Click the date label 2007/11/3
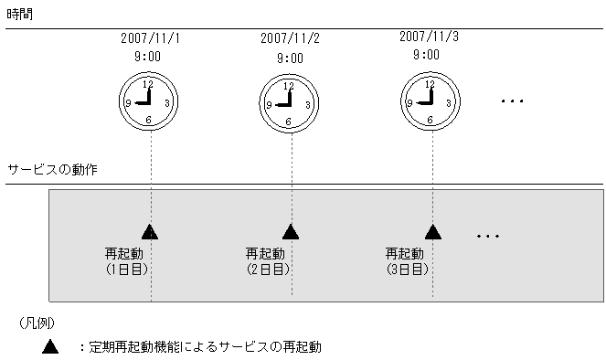pos(429,37)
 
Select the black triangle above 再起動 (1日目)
pos(150,231)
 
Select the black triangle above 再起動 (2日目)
pos(290,231)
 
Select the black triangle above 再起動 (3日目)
pos(431,231)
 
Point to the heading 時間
pos(20,15)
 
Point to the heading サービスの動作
pos(52,171)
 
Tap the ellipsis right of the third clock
pos(513,101)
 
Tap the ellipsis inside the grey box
pos(488,237)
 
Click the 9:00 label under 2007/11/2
pos(289,58)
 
